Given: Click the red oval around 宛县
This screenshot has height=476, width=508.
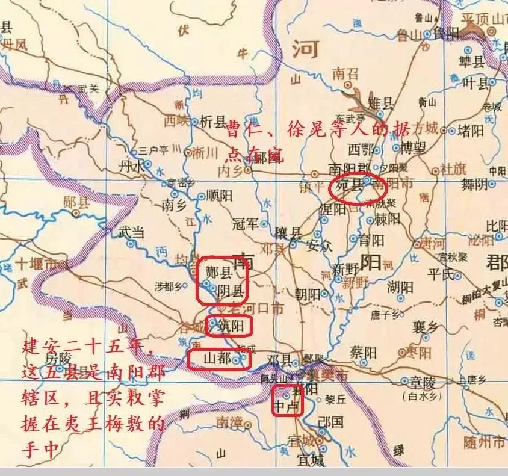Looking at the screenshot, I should pyautogui.click(x=358, y=189).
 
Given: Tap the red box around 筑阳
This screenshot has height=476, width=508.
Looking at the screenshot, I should pyautogui.click(x=228, y=327).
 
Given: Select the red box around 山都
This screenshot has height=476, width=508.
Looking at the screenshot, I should pyautogui.click(x=218, y=359).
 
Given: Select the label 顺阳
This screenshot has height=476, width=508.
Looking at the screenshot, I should pyautogui.click(x=219, y=196).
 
